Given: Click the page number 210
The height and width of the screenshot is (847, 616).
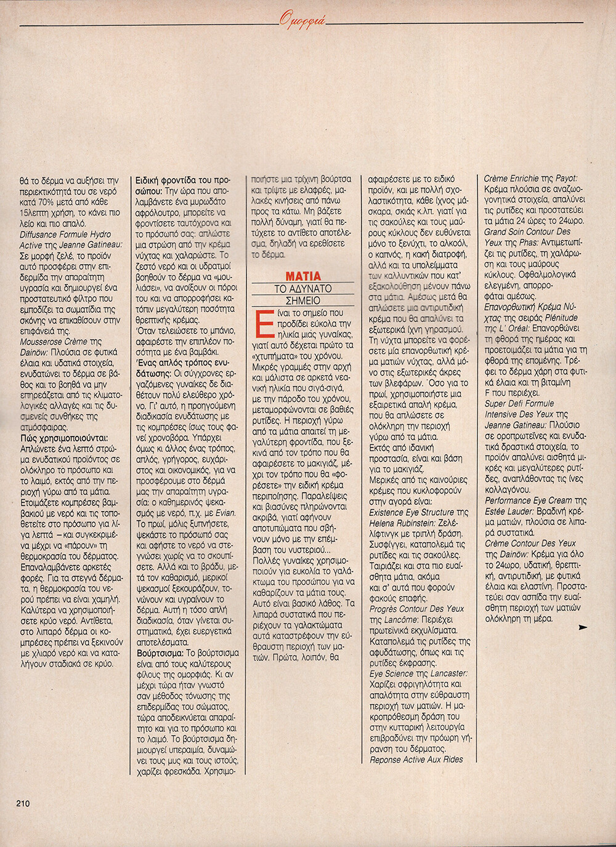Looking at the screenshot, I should [x=23, y=803].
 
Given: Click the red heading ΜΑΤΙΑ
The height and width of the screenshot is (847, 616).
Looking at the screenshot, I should [x=303, y=276].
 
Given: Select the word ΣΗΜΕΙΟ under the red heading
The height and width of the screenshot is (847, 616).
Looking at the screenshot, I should [x=303, y=300].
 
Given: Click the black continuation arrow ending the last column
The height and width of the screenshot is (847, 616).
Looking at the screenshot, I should [x=583, y=627].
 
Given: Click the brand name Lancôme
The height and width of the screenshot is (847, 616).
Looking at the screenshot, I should [x=401, y=620].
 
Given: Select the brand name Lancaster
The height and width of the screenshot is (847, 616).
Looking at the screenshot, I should [x=448, y=673].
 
